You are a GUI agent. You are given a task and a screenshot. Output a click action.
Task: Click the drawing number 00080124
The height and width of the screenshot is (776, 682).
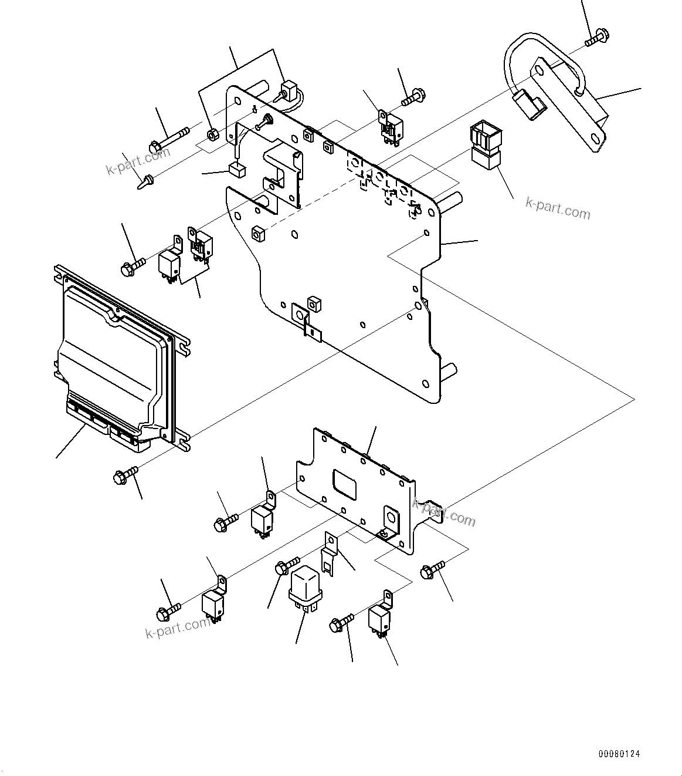click(x=619, y=753)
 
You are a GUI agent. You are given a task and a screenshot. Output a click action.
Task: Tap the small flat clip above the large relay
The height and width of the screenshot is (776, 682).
click(x=330, y=555)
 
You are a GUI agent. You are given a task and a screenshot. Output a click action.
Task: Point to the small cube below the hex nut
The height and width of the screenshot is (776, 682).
click(x=237, y=170)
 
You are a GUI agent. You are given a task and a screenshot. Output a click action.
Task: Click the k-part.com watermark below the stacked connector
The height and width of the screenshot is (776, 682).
click(x=557, y=207)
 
